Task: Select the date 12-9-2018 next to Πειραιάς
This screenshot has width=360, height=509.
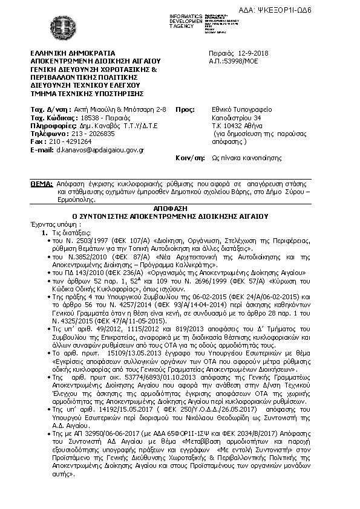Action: click(x=254, y=54)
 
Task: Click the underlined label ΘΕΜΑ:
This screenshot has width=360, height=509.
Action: click(x=42, y=182)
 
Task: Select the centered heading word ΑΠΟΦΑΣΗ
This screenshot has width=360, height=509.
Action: click(x=179, y=207)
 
